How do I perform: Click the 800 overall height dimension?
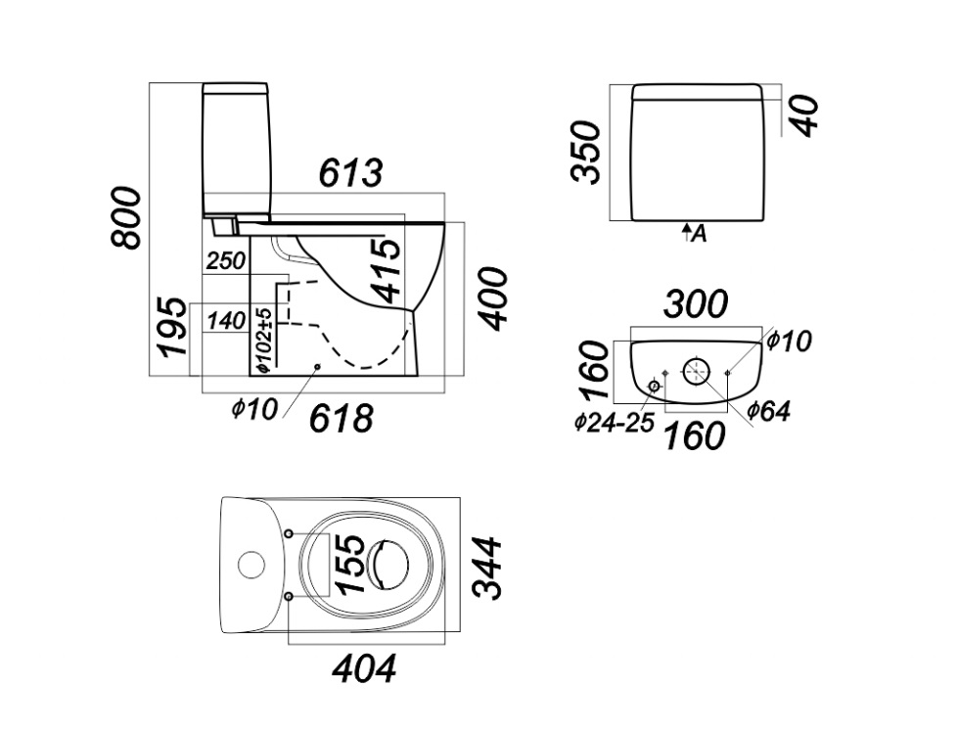(x=128, y=217)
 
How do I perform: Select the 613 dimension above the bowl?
(x=350, y=173)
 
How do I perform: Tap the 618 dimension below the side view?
(x=341, y=419)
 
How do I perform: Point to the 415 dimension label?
(x=387, y=270)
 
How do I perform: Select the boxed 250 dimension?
(x=226, y=261)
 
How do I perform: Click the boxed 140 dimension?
(x=226, y=320)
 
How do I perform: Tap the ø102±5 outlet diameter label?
(x=262, y=339)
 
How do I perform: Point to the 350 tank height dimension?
(x=586, y=152)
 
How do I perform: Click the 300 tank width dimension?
(x=696, y=305)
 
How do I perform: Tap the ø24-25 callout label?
(x=615, y=423)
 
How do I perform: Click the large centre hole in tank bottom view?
(x=697, y=371)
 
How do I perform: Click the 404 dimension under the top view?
(x=364, y=669)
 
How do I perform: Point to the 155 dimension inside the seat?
(x=350, y=564)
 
